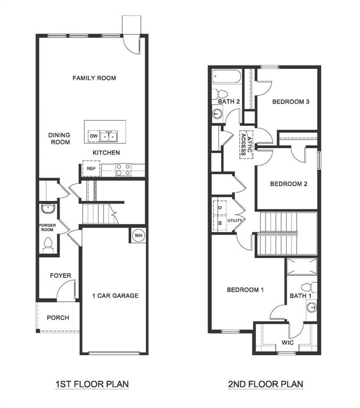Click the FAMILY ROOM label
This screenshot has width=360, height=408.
pos(94,78)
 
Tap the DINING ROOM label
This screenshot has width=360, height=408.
pos(60,139)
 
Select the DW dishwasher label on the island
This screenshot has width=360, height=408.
pos(93,137)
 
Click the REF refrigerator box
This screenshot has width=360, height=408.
pos(91,169)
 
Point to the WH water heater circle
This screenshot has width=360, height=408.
pos(138,235)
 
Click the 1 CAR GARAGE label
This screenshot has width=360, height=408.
pos(115,295)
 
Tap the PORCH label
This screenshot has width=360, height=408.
pos(58,318)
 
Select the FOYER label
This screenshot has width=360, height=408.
pos(61,276)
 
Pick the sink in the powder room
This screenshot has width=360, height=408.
pos(48,208)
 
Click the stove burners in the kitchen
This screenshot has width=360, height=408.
pos(123,169)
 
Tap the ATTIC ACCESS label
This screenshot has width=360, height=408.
pos(245,143)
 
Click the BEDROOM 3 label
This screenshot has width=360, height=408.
pos(290,102)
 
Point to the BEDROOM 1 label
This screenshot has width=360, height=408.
pos(246,290)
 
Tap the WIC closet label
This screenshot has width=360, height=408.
pos(288,343)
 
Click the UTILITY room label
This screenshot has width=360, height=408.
pos(235,220)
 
